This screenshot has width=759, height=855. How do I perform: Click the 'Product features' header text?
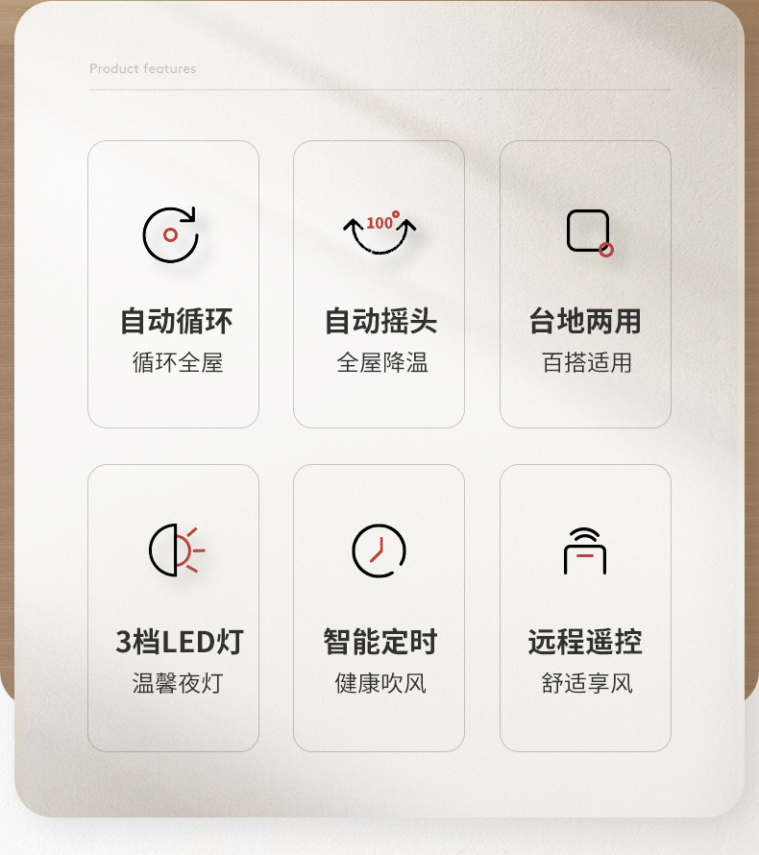[x=142, y=69]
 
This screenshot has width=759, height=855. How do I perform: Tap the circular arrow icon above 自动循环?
[x=170, y=234]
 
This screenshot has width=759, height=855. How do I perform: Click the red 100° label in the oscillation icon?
[x=381, y=222]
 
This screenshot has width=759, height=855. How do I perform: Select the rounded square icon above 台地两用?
[x=588, y=231]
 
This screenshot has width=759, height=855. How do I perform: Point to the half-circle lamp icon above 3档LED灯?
[x=176, y=550]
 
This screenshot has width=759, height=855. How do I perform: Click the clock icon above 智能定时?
[x=379, y=550]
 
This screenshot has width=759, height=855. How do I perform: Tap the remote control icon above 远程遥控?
[x=585, y=550]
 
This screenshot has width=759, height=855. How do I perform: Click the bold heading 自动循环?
[x=176, y=321]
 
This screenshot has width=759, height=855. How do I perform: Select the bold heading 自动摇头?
[x=380, y=321]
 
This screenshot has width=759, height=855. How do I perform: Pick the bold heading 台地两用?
[x=585, y=321]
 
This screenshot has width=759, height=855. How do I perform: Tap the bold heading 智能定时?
[x=380, y=642]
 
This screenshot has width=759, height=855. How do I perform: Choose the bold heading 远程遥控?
[x=585, y=642]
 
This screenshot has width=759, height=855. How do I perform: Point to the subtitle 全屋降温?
[x=382, y=363]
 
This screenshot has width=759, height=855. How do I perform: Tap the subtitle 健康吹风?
[x=380, y=684]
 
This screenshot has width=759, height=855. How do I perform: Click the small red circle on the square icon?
[x=606, y=250]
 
